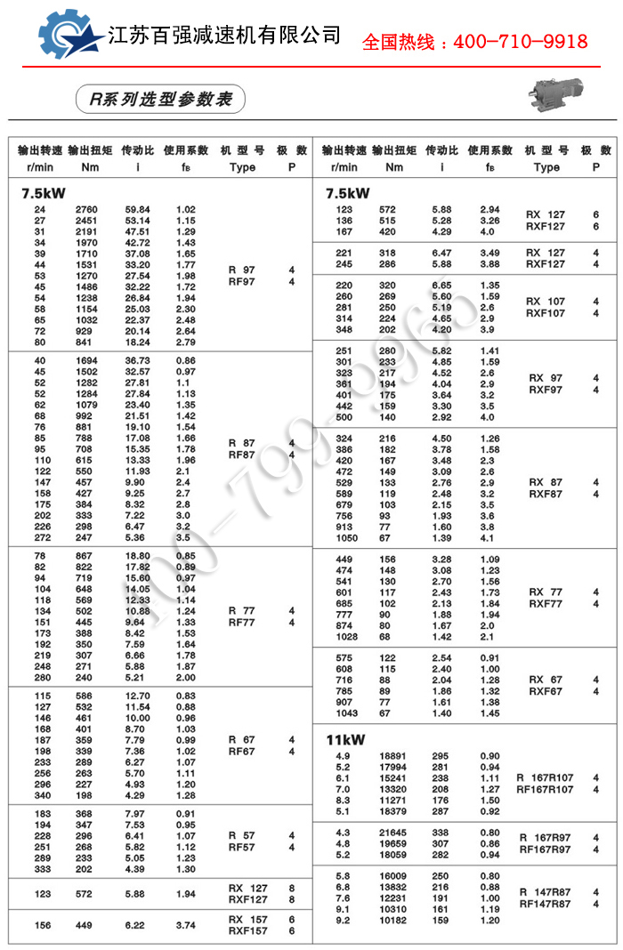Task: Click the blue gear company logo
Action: (x=69, y=36)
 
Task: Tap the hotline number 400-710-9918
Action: (x=474, y=42)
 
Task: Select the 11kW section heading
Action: (x=345, y=739)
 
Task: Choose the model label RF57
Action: (x=241, y=848)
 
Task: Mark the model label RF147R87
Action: (x=546, y=905)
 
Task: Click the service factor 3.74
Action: (x=186, y=925)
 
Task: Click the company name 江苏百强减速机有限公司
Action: (x=223, y=36)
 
